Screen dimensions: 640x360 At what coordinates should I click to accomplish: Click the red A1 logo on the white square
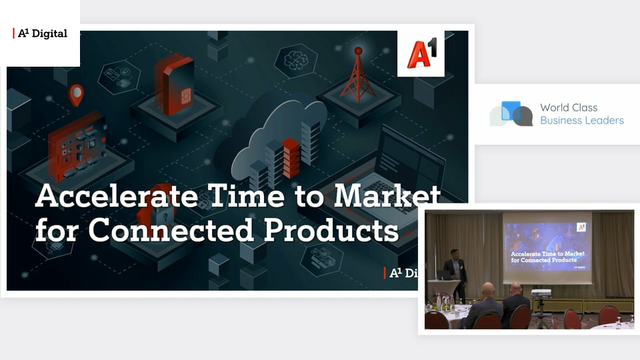pos(421,53)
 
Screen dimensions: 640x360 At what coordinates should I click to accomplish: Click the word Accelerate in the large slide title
pos(117,195)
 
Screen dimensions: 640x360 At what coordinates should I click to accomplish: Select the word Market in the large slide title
pos(387,195)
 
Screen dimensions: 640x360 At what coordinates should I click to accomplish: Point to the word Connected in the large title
pos(171,230)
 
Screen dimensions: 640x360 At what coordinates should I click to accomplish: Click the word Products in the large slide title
pos(331,231)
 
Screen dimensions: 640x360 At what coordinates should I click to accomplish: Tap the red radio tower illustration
pos(358,75)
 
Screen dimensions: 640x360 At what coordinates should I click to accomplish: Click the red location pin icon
pos(76,95)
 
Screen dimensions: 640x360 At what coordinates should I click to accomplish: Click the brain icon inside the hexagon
pos(296,61)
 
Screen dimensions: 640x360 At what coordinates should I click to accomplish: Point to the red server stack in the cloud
pos(291,158)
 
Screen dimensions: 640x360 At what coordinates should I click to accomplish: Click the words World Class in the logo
pos(569,108)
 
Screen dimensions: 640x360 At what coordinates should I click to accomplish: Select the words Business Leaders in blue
pos(582,121)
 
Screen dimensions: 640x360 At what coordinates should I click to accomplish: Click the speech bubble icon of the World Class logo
pos(511,113)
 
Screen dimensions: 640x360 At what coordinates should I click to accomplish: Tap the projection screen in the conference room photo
pos(547,247)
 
